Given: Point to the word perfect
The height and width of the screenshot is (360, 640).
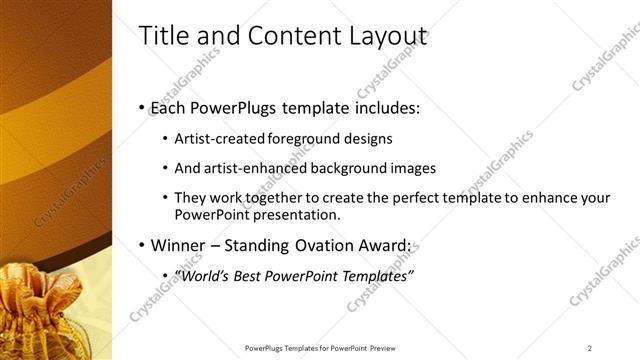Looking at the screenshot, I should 400,198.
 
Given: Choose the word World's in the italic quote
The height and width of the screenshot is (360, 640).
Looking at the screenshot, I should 200,275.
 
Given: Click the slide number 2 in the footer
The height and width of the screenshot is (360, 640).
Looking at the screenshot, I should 589,347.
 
